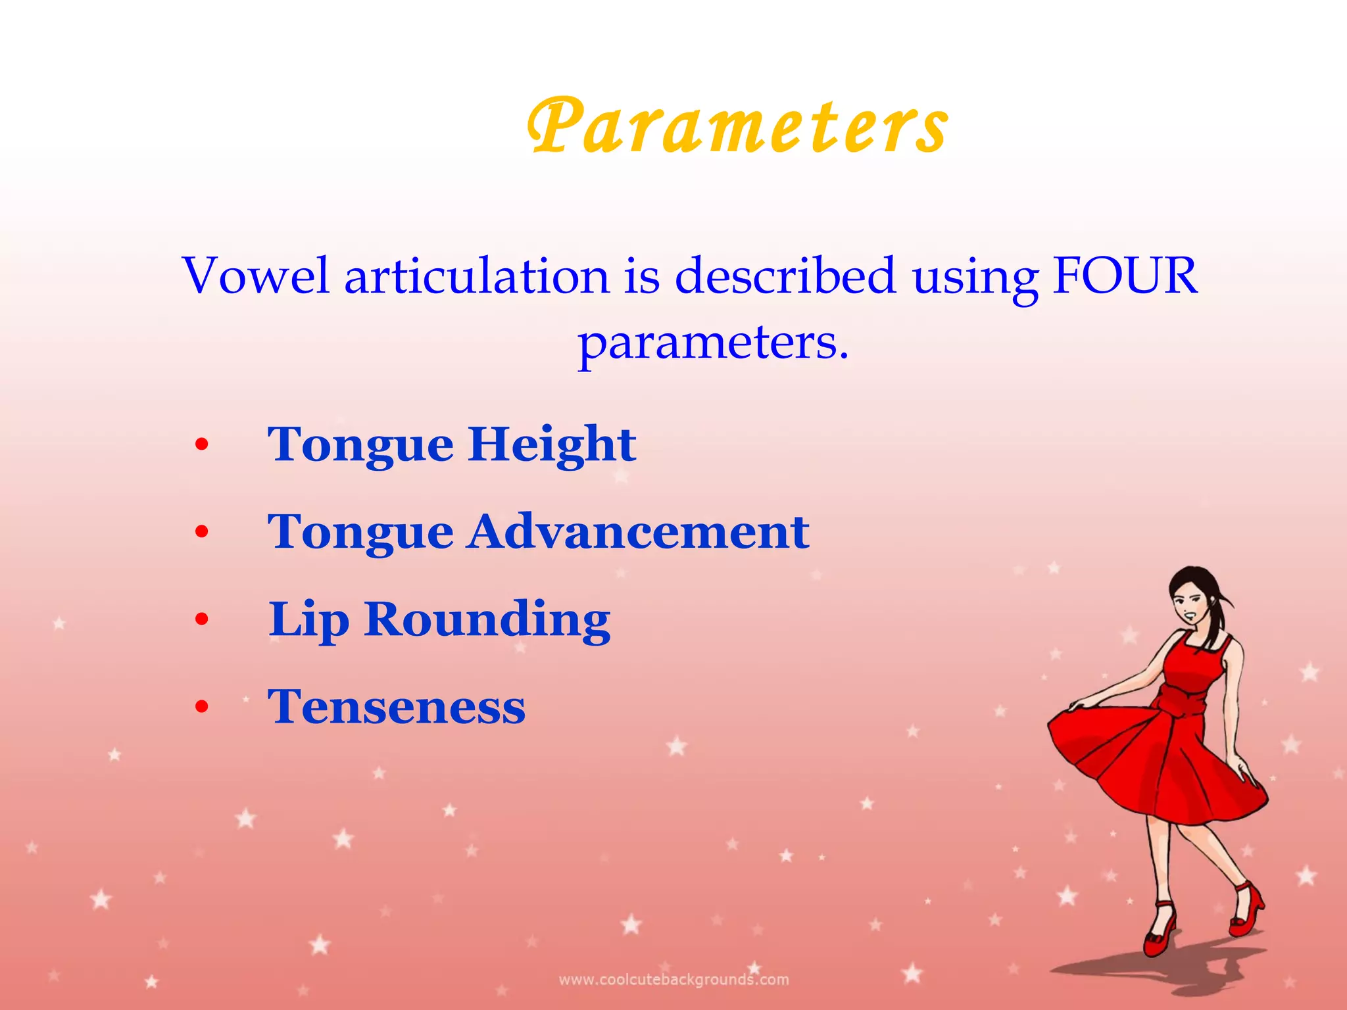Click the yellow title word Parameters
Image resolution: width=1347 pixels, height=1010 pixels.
click(x=738, y=126)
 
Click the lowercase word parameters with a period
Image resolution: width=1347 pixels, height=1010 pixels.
click(x=713, y=343)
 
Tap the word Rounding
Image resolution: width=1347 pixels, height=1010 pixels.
click(x=487, y=619)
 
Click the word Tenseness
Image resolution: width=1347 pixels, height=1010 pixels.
click(x=397, y=707)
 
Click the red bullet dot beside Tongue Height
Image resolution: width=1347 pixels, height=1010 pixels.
click(x=202, y=445)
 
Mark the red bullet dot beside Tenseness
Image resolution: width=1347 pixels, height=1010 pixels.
click(x=202, y=708)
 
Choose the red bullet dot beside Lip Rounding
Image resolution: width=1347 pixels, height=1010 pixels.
click(x=202, y=619)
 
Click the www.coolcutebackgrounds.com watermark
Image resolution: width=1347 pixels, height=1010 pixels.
click(x=673, y=980)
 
